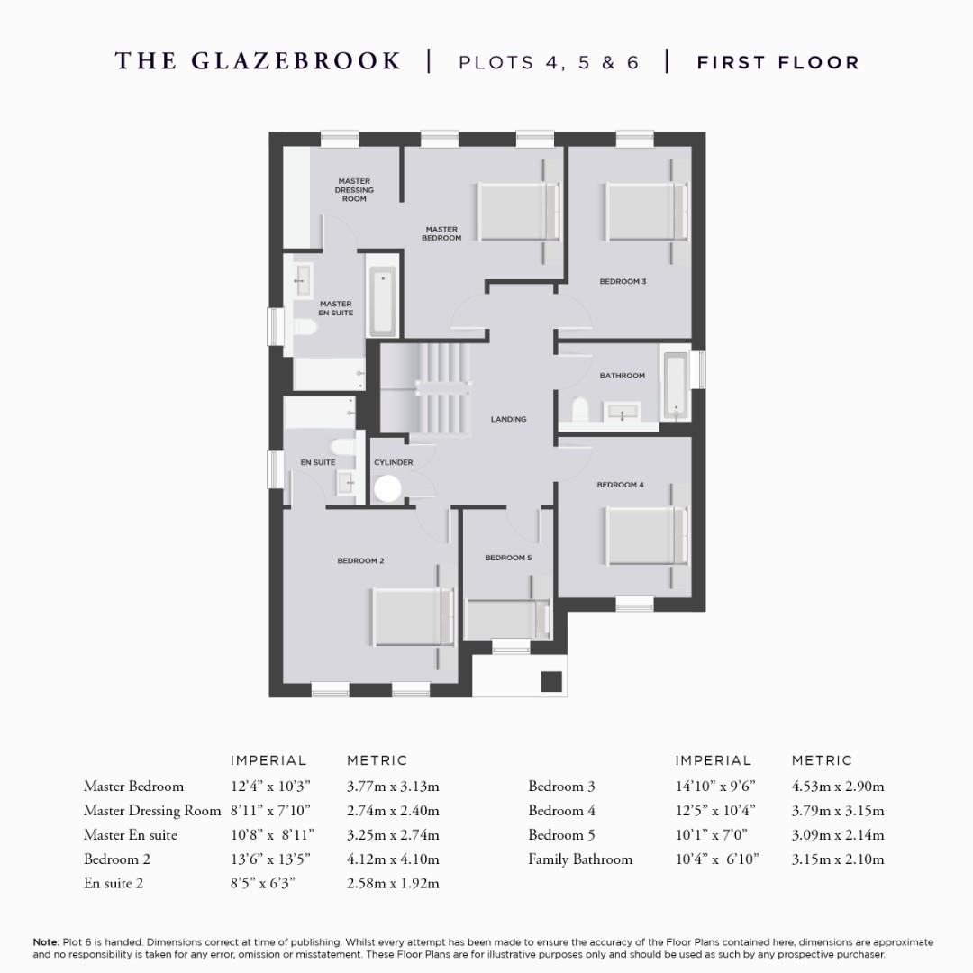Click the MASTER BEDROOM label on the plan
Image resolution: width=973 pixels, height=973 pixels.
click(x=441, y=233)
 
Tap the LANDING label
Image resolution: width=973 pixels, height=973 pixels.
click(x=508, y=419)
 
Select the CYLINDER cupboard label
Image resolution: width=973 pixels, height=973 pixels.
click(x=394, y=462)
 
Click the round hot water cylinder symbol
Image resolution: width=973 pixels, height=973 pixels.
click(x=387, y=489)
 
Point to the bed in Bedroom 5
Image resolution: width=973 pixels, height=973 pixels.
click(x=506, y=619)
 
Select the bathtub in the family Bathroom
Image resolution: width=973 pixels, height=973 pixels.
click(x=675, y=386)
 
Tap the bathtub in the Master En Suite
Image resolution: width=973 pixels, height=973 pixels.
click(x=381, y=301)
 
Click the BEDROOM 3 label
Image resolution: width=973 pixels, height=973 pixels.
click(x=623, y=281)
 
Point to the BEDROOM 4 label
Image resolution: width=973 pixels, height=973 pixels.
click(x=620, y=485)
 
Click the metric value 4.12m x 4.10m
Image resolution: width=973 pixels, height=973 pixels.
click(x=393, y=859)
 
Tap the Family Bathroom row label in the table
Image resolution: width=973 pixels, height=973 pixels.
click(x=579, y=859)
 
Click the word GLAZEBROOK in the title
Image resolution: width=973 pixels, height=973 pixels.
click(x=296, y=61)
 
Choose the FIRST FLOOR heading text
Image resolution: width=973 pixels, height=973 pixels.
click(x=778, y=62)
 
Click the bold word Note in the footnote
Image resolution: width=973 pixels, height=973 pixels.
click(x=45, y=941)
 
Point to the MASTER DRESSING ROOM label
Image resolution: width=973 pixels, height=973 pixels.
click(x=354, y=190)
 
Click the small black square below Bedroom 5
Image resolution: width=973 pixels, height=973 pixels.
click(x=550, y=682)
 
